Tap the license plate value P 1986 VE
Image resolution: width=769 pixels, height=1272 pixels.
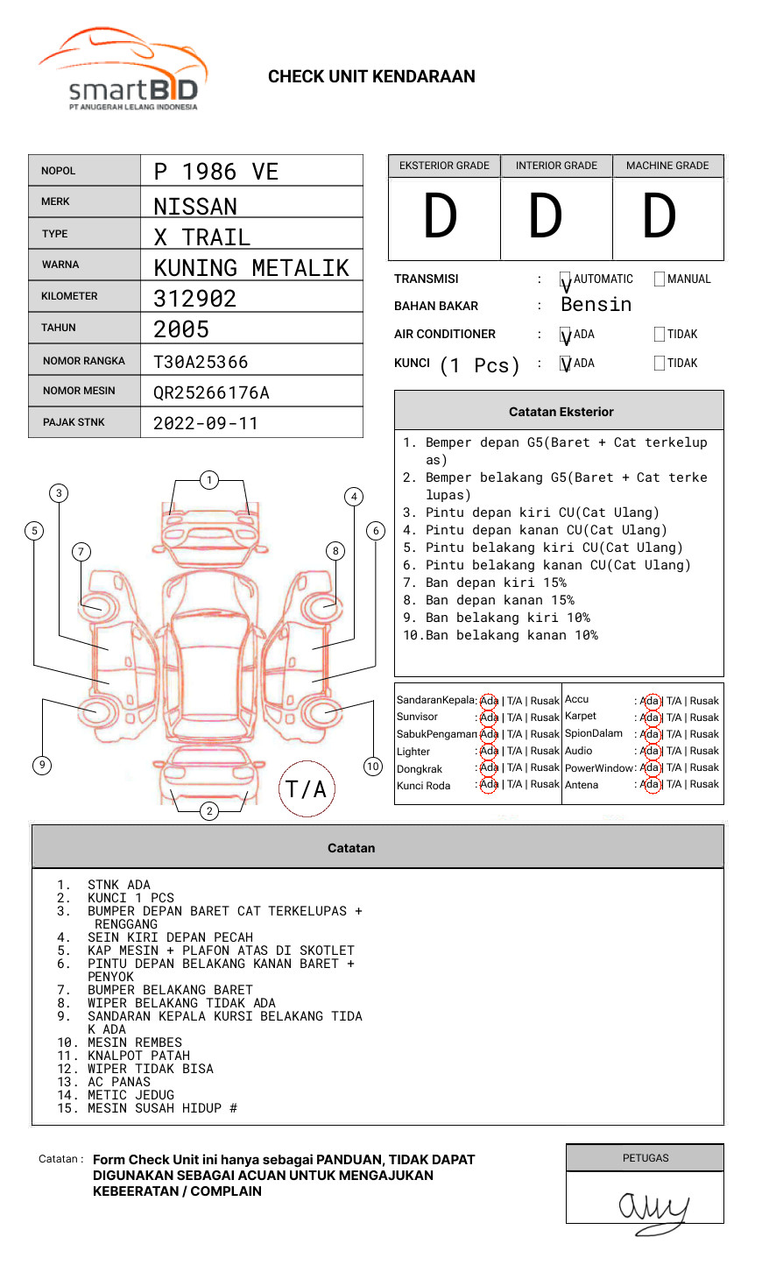215,172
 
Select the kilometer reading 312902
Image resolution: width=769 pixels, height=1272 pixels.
194,299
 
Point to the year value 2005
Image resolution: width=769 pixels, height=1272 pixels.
181,329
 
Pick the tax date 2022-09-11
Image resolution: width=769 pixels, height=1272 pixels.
206,423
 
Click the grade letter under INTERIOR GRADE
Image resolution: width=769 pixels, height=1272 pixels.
545,216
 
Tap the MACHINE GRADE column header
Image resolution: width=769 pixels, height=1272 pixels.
667,166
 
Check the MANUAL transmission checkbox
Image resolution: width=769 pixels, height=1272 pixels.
660,279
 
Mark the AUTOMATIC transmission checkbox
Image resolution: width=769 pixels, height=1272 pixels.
566,279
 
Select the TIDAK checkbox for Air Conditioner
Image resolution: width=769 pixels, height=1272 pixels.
660,335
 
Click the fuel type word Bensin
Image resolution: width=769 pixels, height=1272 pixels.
596,305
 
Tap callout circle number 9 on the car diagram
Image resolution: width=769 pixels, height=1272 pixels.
42,765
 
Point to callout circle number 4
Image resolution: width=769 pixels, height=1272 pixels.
354,497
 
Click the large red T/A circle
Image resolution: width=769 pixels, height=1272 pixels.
307,788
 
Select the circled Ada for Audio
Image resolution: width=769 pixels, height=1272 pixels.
650,751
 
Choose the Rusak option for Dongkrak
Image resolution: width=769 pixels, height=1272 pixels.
544,767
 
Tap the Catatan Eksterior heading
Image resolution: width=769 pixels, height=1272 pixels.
561,412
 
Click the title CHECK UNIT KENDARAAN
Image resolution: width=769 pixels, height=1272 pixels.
371,77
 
